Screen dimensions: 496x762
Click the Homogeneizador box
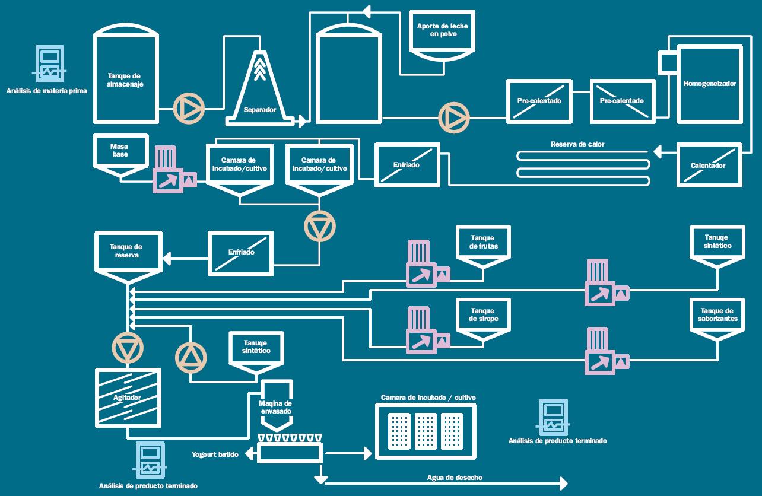710,84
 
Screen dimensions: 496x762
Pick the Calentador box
708,164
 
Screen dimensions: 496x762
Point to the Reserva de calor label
577,144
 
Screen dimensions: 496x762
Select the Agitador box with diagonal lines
128,397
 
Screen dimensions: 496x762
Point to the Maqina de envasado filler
276,408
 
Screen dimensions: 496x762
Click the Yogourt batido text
215,454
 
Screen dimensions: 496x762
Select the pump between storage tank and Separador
189,109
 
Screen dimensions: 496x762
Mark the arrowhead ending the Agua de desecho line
563,484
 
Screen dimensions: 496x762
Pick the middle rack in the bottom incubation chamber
426,431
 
